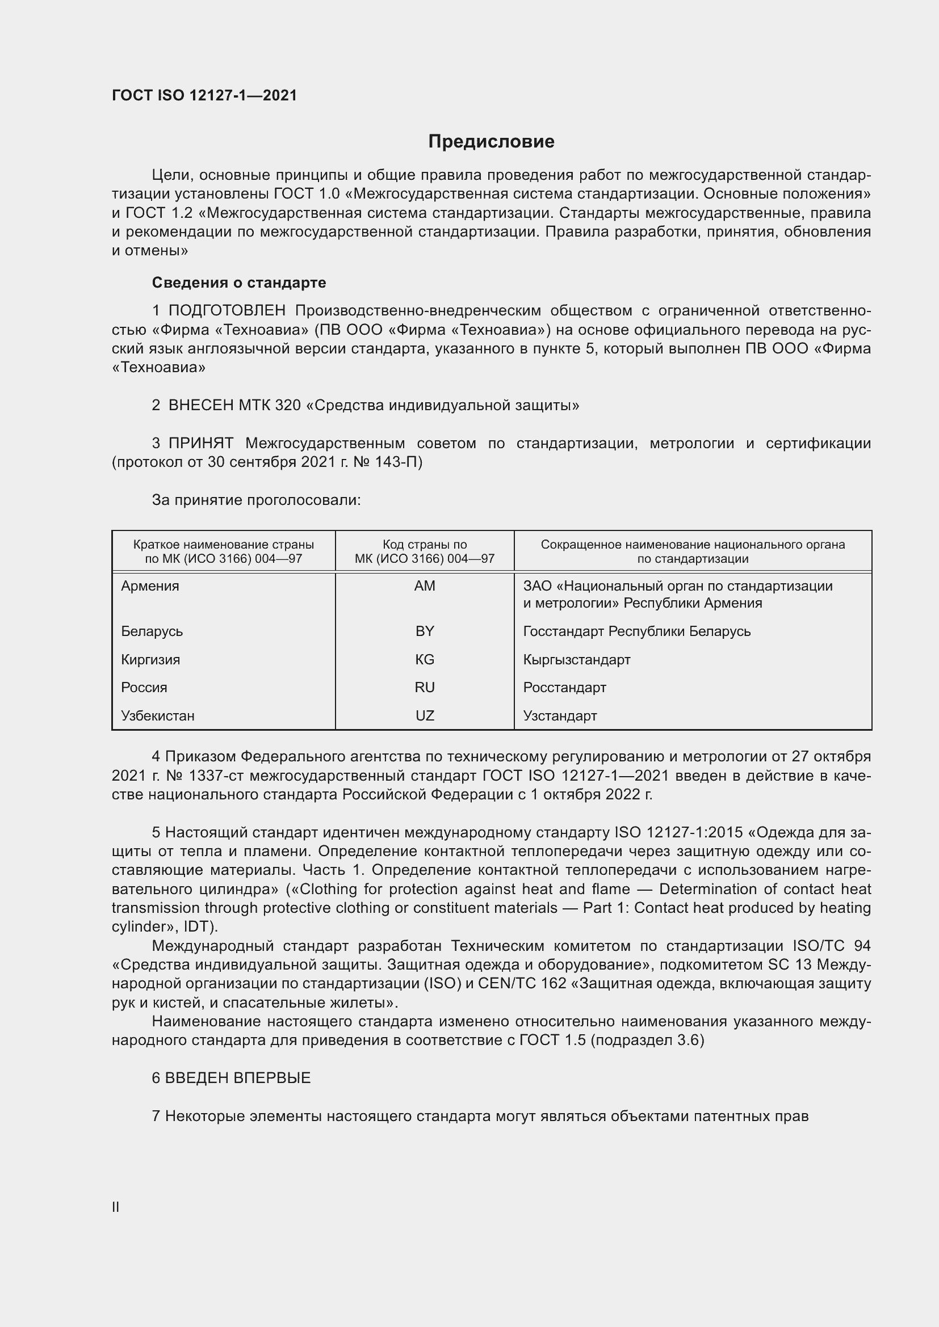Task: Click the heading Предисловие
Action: tap(491, 142)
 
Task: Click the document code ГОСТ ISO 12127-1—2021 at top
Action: tap(204, 95)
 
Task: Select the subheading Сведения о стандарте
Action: tap(239, 283)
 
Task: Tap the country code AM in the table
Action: tap(425, 586)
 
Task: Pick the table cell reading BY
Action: tap(425, 631)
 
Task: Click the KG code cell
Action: tap(425, 659)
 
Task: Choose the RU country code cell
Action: tap(425, 687)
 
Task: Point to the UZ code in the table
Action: tap(425, 715)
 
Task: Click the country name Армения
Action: tap(150, 586)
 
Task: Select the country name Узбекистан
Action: tap(158, 715)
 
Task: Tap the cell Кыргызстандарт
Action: tap(576, 659)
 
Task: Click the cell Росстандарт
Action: tap(564, 687)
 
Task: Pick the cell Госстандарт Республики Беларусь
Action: tap(636, 631)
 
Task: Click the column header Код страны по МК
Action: tap(425, 551)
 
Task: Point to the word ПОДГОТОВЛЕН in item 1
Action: tap(227, 311)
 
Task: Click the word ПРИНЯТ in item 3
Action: tap(200, 443)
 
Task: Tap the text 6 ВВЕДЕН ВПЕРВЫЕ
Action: tap(231, 1078)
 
